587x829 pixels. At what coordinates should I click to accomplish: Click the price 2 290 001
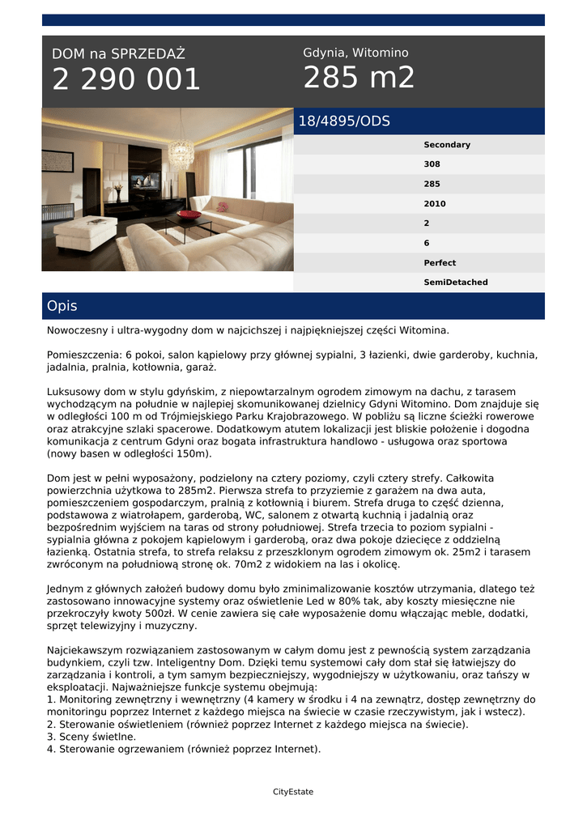click(x=126, y=79)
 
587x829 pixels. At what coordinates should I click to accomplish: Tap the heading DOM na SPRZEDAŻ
click(x=118, y=54)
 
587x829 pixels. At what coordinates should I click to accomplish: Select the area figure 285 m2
click(x=359, y=78)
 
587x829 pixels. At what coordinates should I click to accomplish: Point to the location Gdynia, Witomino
click(x=355, y=53)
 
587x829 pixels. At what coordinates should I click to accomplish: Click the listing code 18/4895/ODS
click(x=344, y=121)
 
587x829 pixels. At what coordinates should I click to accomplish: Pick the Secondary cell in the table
click(x=446, y=145)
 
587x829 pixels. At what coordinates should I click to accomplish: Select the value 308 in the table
click(x=432, y=164)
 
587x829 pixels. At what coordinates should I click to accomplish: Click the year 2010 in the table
click(x=434, y=204)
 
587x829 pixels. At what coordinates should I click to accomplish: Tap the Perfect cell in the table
click(x=440, y=263)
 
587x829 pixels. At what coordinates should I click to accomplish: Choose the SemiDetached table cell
click(x=455, y=283)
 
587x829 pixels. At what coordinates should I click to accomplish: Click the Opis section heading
click(x=62, y=306)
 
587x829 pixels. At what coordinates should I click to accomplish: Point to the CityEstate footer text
click(x=293, y=792)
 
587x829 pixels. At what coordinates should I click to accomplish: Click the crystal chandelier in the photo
click(x=181, y=151)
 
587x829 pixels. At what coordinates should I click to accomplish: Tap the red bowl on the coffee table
click(x=189, y=215)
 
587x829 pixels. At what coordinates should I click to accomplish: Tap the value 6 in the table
click(x=427, y=243)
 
